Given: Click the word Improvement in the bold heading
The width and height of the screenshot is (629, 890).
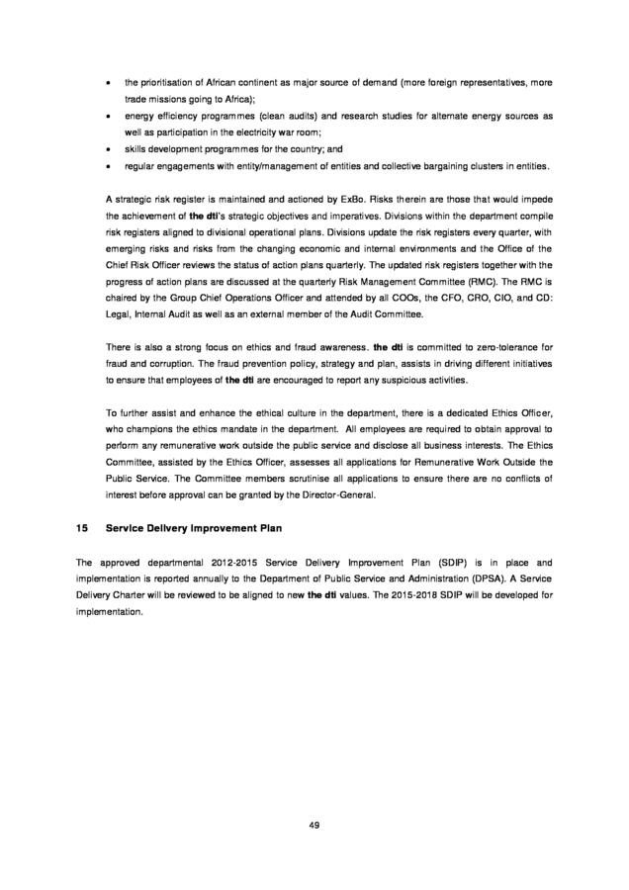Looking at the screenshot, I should point(233,528).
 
